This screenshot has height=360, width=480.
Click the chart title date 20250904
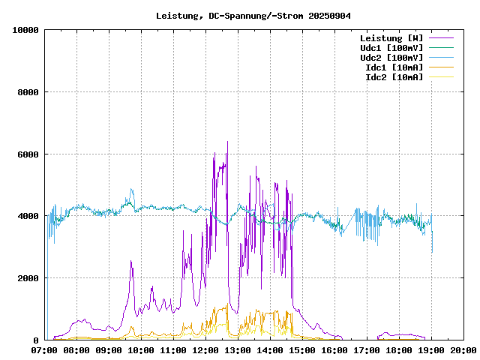point(329,15)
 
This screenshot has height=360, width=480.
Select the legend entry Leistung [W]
point(391,37)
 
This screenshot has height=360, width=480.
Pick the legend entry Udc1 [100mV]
point(391,47)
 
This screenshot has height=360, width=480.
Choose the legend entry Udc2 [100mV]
point(391,57)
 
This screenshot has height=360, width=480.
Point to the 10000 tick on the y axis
point(25,30)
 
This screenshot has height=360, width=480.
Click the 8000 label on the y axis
point(28,92)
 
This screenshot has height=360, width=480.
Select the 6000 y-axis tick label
point(28,154)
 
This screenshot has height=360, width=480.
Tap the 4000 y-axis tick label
point(28,216)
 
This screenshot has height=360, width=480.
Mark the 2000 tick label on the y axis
point(28,278)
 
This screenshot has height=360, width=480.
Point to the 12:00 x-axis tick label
point(205,349)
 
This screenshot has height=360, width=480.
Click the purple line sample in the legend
point(441,37)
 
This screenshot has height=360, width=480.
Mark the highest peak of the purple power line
point(227,142)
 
